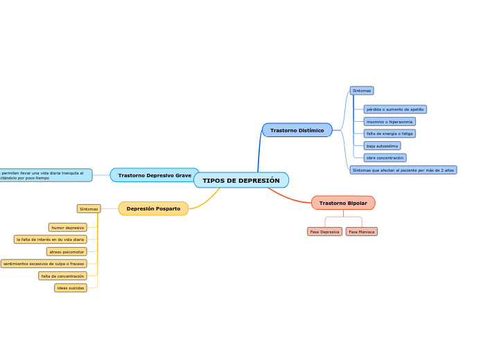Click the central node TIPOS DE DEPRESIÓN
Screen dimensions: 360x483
241,180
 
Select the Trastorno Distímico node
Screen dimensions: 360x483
297,130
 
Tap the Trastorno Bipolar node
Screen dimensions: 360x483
343,203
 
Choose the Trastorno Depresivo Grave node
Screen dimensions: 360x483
155,175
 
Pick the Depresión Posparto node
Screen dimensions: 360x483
153,208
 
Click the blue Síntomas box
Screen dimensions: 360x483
362,91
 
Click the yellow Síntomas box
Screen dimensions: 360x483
89,208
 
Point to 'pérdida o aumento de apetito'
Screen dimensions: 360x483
395,109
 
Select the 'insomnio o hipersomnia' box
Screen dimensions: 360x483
389,122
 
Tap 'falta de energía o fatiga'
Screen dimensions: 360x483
389,134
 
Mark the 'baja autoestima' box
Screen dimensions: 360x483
382,146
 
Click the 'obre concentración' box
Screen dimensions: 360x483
385,158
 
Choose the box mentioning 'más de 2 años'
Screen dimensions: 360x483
403,170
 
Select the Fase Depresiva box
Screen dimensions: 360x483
324,232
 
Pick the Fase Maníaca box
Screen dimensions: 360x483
362,232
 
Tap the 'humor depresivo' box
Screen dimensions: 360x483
68,227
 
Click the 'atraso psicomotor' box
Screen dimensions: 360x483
67,252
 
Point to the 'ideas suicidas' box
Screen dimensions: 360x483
71,288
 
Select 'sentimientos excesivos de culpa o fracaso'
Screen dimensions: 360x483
44,264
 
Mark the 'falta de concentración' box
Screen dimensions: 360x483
62,276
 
